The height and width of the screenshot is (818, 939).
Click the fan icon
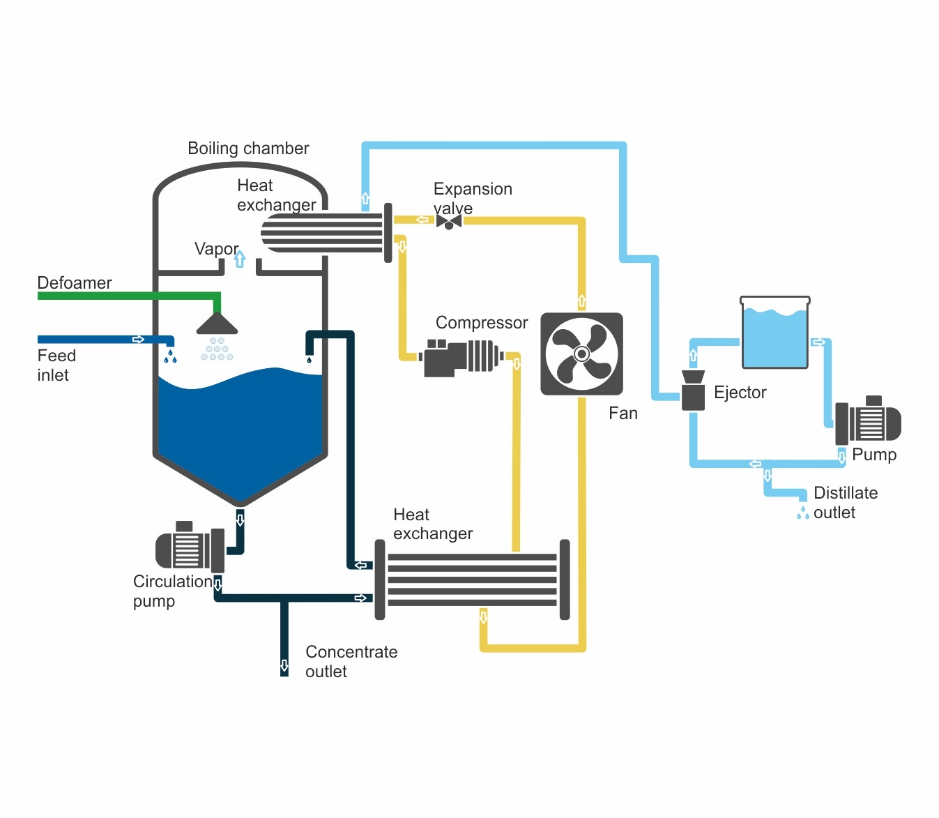tap(581, 354)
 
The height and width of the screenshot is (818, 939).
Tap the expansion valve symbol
tap(449, 222)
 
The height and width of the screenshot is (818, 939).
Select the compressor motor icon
tap(460, 357)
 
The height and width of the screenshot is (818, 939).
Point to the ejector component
tap(693, 391)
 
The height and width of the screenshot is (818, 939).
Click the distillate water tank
tap(774, 333)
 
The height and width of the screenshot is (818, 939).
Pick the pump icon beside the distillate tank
tap(868, 421)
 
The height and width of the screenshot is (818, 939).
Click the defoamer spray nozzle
tap(217, 324)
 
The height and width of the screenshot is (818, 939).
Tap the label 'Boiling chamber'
tap(248, 149)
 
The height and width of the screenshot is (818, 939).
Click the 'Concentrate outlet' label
tap(351, 661)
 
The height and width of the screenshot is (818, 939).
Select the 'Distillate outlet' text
tap(845, 502)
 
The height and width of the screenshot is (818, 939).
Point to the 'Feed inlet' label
tap(56, 365)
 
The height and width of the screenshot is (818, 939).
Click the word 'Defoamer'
tap(75, 282)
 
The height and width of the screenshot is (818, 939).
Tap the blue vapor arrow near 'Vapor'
tap(240, 259)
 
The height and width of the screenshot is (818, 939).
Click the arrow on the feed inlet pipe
tap(138, 340)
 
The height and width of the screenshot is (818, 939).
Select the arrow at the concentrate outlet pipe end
tap(284, 665)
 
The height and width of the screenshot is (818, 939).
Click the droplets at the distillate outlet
tap(803, 513)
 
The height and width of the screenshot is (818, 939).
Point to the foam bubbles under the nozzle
tap(217, 349)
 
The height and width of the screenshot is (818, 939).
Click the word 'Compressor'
tap(482, 322)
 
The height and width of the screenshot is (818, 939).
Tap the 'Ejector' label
tap(740, 392)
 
